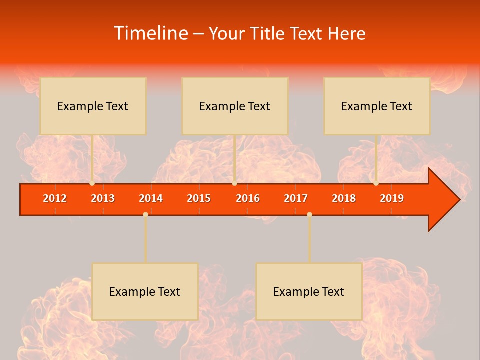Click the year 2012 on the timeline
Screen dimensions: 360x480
coord(55,198)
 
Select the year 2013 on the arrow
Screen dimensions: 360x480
coord(103,198)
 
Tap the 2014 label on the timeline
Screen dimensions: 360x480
coord(151,198)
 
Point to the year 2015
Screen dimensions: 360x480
coord(199,198)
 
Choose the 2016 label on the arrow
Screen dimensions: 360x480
coord(248,198)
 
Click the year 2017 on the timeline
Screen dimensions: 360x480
coord(296,198)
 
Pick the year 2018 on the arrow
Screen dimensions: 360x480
coord(344,198)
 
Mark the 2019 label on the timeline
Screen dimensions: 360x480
coord(392,198)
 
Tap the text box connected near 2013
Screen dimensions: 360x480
coord(93,106)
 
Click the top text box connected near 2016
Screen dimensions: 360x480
coord(235,106)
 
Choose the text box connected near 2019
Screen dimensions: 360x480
coord(377,106)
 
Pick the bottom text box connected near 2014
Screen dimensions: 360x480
coord(145,291)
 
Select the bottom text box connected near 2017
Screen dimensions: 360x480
coord(309,291)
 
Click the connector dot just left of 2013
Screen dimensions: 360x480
coord(92,183)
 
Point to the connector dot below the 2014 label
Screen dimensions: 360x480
coord(145,214)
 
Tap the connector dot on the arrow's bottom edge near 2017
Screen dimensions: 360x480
coord(309,214)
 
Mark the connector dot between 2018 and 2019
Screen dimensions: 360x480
coord(376,183)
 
